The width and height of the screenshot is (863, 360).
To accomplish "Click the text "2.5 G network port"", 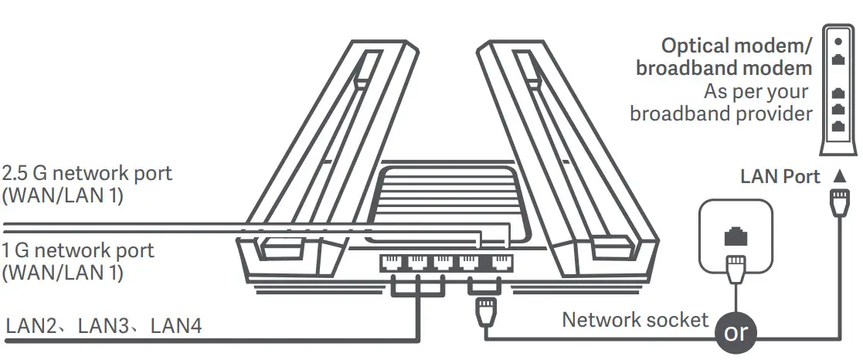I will [87, 173].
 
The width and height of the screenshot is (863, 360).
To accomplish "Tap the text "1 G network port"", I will [78, 251].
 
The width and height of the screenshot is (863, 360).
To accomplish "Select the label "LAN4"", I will [176, 327].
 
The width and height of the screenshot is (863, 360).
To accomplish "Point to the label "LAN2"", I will [32, 327].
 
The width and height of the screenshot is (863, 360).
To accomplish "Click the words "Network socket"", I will [634, 319].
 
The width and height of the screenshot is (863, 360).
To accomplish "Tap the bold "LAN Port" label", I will [780, 178].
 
